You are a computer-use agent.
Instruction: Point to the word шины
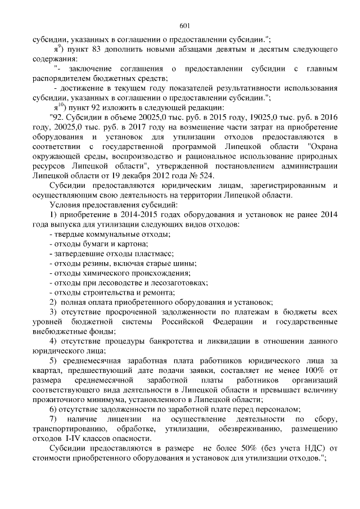click(x=185, y=263)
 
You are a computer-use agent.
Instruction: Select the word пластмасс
click(x=157, y=253)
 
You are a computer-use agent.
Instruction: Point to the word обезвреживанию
click(x=254, y=428)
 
